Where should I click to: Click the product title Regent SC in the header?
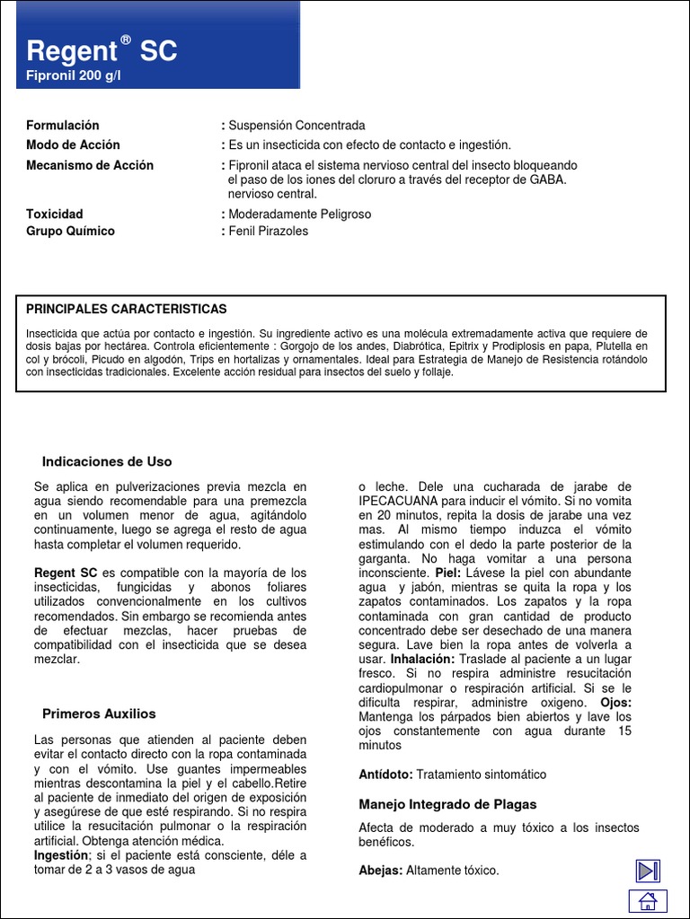tap(102, 51)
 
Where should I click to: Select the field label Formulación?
tap(63, 126)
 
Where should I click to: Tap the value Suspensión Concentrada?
tap(296, 126)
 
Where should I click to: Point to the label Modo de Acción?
tap(73, 145)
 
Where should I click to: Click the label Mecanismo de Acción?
tap(90, 166)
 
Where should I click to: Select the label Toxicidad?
tap(55, 214)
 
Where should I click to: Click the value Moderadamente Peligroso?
tap(299, 214)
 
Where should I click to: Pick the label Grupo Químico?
tap(71, 232)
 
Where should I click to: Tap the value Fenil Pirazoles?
tap(268, 232)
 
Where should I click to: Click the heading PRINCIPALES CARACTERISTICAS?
tap(127, 310)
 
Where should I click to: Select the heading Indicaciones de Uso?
tap(107, 462)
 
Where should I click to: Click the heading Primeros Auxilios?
tap(99, 714)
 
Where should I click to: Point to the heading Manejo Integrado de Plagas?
tap(447, 805)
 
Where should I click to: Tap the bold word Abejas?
tap(381, 871)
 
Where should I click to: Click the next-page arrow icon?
tap(648, 871)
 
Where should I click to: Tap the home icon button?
tap(647, 903)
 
